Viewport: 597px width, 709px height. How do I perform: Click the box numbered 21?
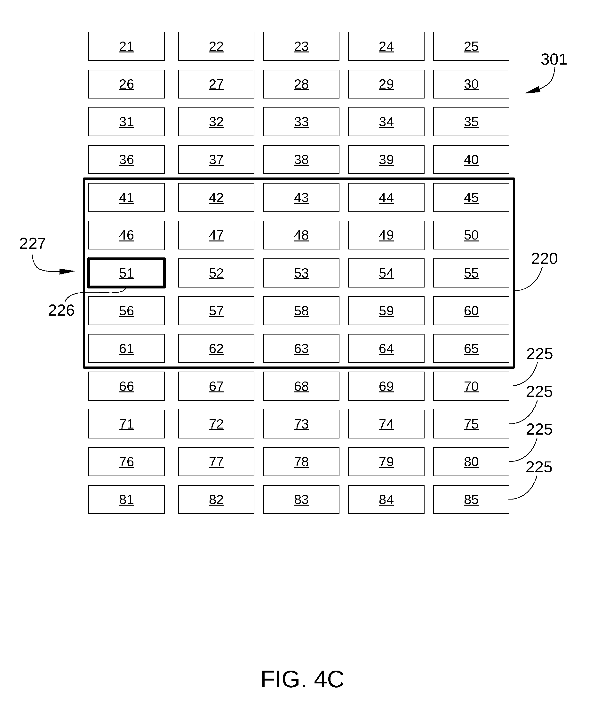[x=127, y=46]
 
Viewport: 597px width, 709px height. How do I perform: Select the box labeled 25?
[x=471, y=46]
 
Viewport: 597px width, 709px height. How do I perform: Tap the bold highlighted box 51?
[x=127, y=273]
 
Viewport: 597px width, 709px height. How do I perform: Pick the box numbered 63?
[x=301, y=348]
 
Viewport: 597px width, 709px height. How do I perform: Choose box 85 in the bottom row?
[x=471, y=500]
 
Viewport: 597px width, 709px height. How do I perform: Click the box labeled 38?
[x=301, y=160]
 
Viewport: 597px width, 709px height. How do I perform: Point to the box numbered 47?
[x=216, y=235]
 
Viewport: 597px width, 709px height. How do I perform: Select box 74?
[x=386, y=424]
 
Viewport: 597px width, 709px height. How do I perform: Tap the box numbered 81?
[x=127, y=500]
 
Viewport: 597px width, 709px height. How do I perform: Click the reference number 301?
[x=554, y=59]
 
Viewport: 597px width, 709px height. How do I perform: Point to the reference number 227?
[x=33, y=244]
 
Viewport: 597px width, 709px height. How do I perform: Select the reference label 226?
[x=61, y=310]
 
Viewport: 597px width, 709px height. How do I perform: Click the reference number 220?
[x=544, y=259]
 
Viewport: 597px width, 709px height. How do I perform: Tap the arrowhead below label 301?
[x=533, y=90]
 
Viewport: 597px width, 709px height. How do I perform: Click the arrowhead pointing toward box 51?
[x=67, y=271]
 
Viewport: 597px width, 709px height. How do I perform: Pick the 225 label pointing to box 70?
[x=539, y=354]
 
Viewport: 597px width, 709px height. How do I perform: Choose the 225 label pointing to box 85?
[x=539, y=467]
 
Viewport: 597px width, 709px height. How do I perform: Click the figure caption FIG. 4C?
[x=302, y=679]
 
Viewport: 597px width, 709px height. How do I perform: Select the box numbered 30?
[x=471, y=84]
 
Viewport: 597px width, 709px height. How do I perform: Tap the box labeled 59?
[x=386, y=311]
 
